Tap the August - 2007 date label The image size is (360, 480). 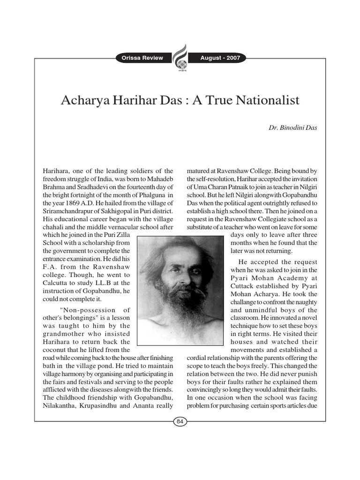[220, 58]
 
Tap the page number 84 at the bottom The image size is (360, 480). [180, 422]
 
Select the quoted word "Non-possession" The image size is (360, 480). [88, 310]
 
